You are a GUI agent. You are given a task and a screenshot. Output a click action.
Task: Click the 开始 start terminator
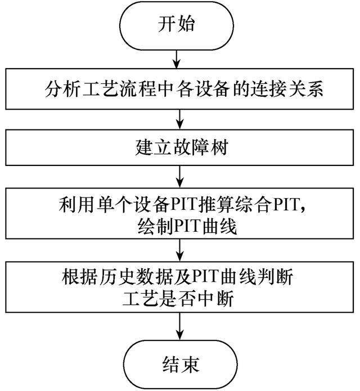(x=177, y=25)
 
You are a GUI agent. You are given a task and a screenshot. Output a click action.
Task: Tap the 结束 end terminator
(x=180, y=365)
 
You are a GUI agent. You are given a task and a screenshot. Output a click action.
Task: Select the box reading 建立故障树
(x=179, y=147)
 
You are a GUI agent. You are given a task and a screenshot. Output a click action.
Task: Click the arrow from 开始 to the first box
(x=177, y=59)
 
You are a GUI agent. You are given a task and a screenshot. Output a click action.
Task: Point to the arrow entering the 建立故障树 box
(x=180, y=119)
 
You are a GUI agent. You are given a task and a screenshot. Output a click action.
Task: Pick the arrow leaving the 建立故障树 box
(x=180, y=177)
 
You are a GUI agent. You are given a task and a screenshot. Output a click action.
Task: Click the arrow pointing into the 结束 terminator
(x=180, y=326)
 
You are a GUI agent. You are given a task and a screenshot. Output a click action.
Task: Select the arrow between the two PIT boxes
(x=180, y=250)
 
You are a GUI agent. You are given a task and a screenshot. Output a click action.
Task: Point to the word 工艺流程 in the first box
(x=119, y=89)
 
